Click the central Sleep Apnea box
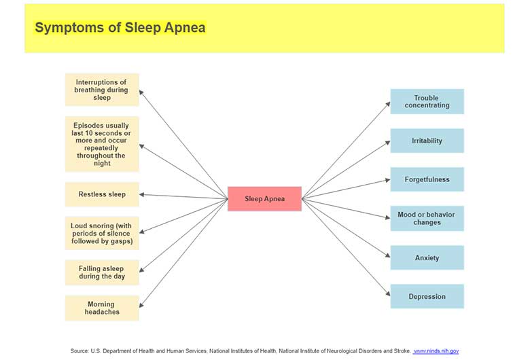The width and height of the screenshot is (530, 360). pos(264,199)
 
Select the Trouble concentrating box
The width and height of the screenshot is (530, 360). pos(427,102)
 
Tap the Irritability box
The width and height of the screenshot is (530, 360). pos(427,141)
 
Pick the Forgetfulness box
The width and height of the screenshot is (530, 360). pos(427,179)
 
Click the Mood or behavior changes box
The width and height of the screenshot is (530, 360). pos(427,219)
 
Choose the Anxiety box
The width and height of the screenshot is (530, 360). pos(427,258)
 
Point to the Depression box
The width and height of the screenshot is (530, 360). pos(427,297)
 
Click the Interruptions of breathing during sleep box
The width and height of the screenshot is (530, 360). pos(102,90)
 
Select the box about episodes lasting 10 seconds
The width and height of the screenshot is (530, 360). pos(102,144)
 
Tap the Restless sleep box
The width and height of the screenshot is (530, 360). pos(102,194)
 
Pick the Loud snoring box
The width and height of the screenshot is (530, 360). pos(102,234)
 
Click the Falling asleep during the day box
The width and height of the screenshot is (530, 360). pos(102,272)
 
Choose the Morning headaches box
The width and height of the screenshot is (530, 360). pos(102,308)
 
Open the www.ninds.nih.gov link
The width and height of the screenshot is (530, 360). pos(436,351)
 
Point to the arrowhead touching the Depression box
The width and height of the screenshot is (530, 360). pos(387,295)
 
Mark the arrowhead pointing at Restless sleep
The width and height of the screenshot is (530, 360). pos(142,195)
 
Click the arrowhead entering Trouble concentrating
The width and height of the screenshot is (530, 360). pos(387,103)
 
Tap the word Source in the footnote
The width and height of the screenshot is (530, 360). pos(79,351)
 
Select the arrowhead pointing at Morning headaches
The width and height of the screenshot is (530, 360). pos(142,305)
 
